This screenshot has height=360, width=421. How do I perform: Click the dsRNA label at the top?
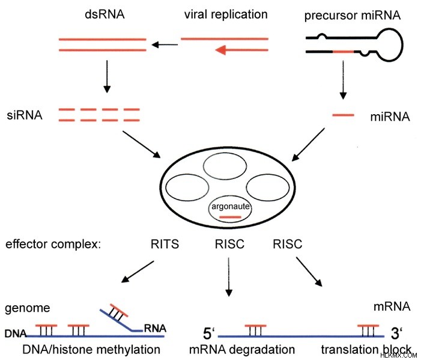tap(104, 14)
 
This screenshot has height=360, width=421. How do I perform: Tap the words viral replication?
tap(226, 14)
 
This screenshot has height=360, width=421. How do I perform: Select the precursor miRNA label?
tap(353, 15)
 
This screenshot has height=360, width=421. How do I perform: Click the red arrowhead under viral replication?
tap(220, 50)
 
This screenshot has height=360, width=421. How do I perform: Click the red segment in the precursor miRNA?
tap(344, 51)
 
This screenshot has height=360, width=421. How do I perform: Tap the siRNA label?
tap(25, 115)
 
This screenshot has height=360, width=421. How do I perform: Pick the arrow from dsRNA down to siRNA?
tap(107, 76)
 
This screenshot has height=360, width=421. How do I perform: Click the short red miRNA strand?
tap(343, 115)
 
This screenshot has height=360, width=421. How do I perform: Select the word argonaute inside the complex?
tap(231, 206)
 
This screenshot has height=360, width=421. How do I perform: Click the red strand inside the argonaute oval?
tap(231, 217)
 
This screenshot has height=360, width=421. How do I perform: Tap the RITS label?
tap(165, 244)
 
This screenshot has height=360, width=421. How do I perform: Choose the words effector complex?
tap(53, 244)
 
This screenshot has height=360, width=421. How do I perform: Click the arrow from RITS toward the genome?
tap(138, 272)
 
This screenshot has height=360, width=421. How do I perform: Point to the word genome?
tap(28, 308)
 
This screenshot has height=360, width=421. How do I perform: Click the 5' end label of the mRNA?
tap(209, 334)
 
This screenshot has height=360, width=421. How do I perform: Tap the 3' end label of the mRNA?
tap(396, 334)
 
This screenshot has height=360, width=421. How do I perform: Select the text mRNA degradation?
tap(242, 350)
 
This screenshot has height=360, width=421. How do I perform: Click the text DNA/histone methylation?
tap(91, 350)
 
